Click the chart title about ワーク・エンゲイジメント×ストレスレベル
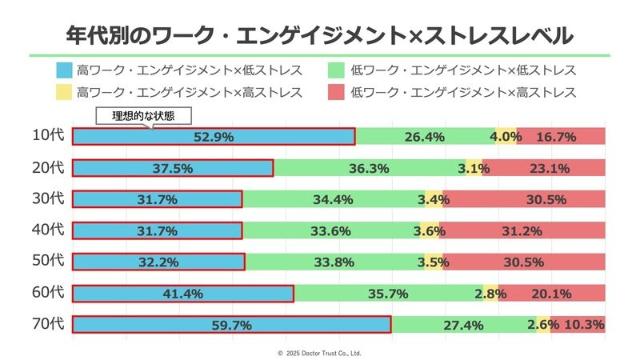coord(320,34)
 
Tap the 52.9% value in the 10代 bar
coord(213,137)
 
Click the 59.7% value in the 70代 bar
coord(232,325)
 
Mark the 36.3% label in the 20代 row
coord(369,168)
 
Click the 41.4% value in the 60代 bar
coord(182,294)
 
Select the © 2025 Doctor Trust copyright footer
coord(320,352)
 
